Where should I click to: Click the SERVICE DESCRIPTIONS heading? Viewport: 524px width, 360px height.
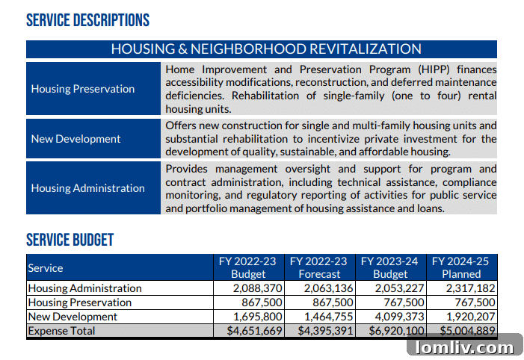[x=87, y=20]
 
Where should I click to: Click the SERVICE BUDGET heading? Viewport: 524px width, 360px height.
[x=70, y=240]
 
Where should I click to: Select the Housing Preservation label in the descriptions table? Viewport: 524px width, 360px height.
[x=83, y=89]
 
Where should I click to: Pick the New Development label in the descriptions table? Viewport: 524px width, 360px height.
[x=75, y=139]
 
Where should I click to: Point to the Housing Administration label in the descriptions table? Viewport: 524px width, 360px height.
[x=88, y=188]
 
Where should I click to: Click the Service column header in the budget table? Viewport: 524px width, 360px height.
[x=46, y=267]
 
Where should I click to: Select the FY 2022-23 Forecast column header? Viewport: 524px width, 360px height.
[x=318, y=267]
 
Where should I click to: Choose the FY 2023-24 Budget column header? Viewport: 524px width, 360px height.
[x=389, y=267]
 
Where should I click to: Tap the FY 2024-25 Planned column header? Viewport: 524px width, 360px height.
[x=460, y=267]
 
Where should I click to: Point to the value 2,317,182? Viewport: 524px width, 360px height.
[x=471, y=288]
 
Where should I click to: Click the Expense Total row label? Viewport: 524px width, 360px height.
[x=61, y=331]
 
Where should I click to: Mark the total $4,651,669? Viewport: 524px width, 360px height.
[x=254, y=331]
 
